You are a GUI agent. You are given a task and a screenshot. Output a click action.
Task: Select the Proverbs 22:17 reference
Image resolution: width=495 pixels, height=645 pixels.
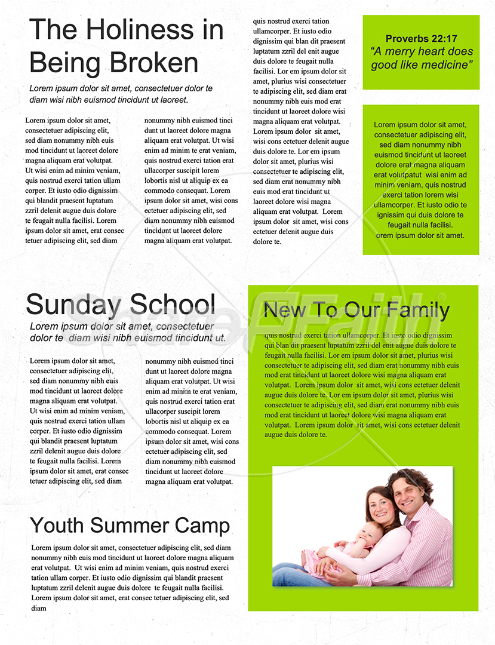point(421,39)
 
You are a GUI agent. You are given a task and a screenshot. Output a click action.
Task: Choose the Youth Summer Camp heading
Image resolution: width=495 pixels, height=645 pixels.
point(130,526)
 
